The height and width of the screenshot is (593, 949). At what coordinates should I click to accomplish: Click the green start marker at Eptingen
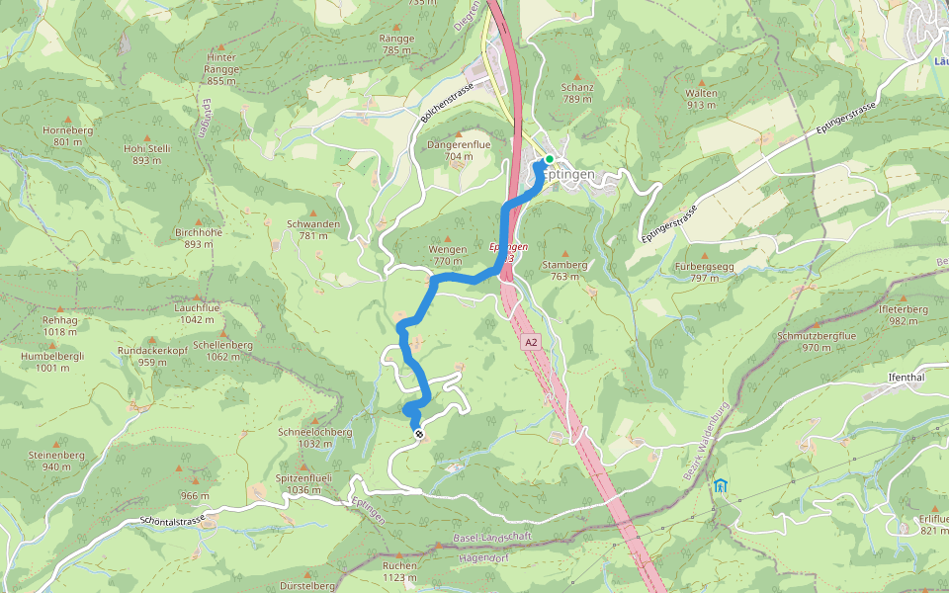[x=550, y=158]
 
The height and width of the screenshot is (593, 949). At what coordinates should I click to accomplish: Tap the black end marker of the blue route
[x=419, y=433]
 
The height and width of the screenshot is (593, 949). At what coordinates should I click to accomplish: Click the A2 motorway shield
[x=532, y=342]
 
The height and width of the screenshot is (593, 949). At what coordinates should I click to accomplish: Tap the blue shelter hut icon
[x=720, y=485]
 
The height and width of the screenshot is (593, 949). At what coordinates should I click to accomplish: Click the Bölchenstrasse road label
[x=447, y=102]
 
